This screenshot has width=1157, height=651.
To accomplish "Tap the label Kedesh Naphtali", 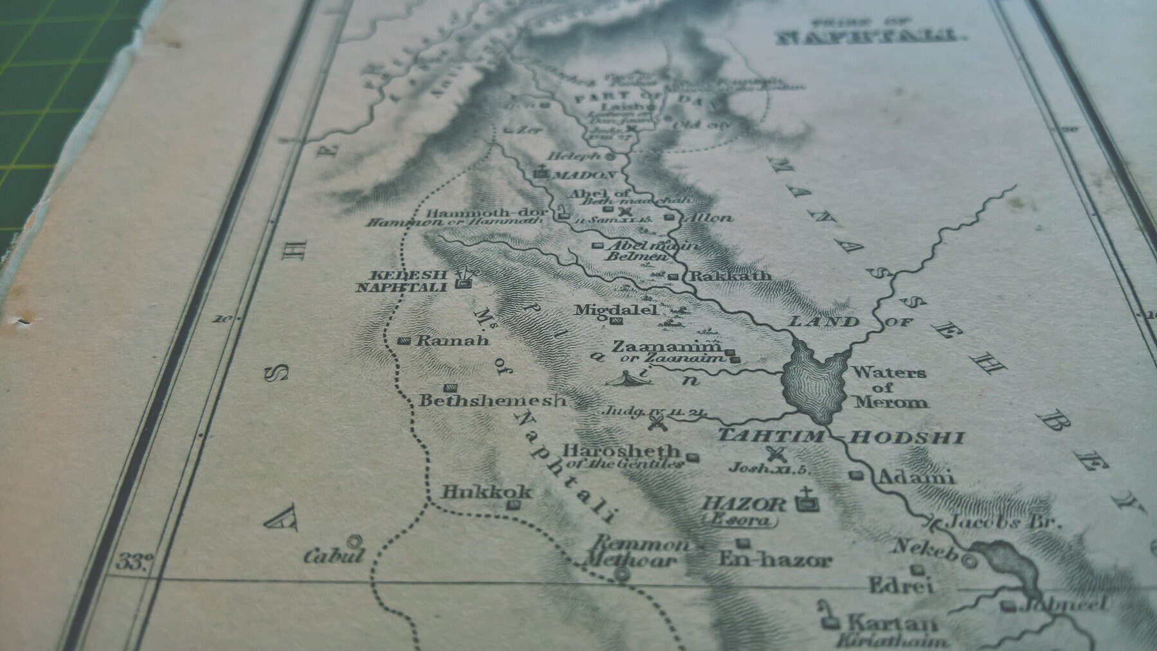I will click(402, 281).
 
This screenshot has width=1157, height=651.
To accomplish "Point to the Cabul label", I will click(334, 555).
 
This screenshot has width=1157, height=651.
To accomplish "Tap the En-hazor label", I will click(775, 560).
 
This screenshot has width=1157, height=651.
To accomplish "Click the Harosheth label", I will click(620, 451).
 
